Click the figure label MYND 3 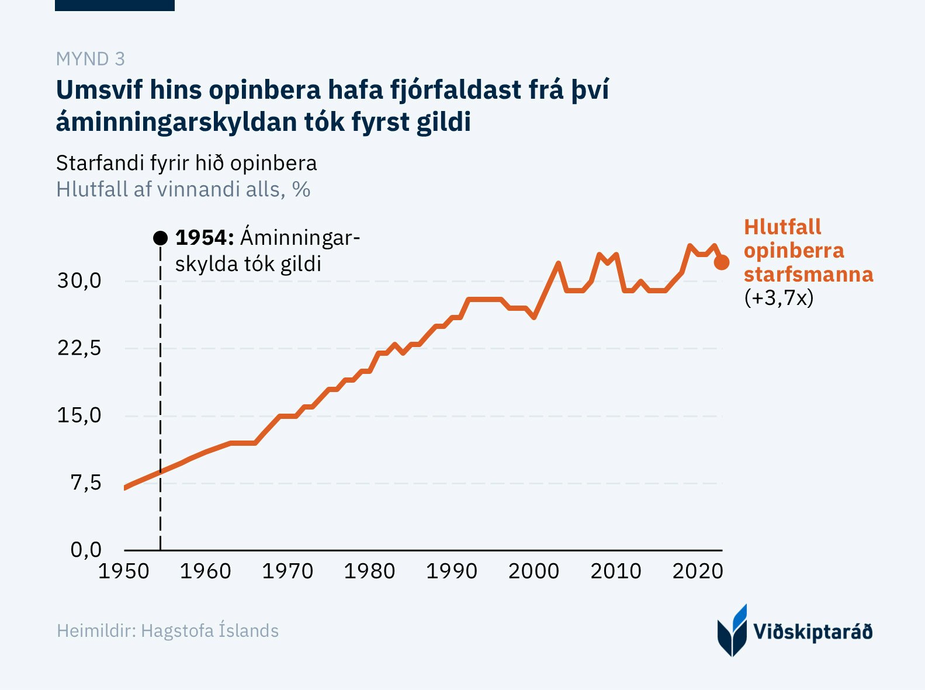(91, 59)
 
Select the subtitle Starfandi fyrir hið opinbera (186, 164)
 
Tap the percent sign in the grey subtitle (301, 190)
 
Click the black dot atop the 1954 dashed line (160, 238)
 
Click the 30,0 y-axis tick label (79, 281)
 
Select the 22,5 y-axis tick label (79, 348)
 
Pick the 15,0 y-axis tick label (79, 415)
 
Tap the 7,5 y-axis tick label (86, 483)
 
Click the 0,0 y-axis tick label (86, 550)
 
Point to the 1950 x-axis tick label (124, 571)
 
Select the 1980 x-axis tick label (369, 571)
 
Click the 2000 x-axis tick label (533, 571)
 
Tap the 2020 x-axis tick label (698, 571)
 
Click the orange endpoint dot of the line (722, 262)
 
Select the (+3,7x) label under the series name (779, 298)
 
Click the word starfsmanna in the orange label (808, 274)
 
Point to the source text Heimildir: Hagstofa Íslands (168, 631)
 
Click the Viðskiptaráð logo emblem (732, 631)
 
